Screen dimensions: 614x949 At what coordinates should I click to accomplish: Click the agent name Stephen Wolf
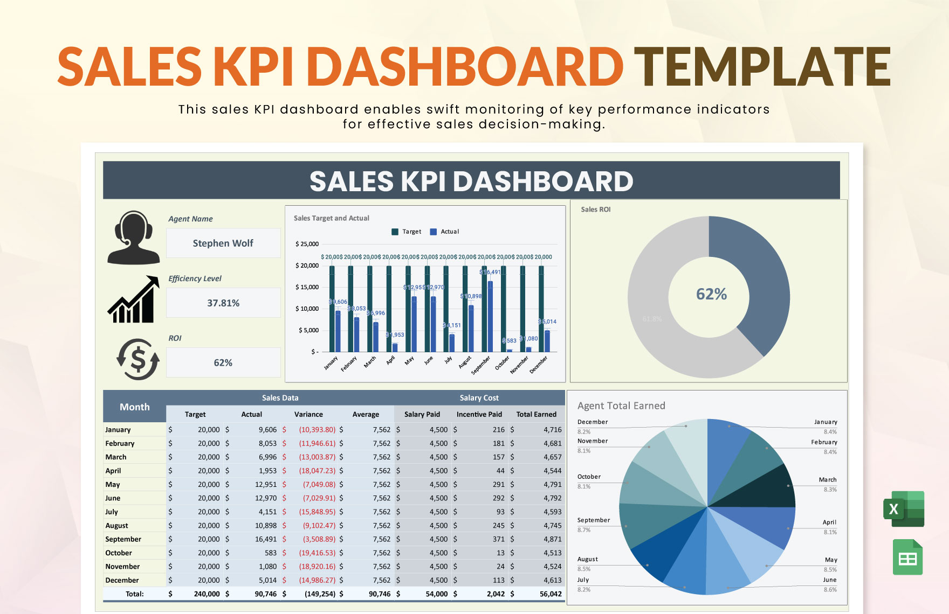point(223,243)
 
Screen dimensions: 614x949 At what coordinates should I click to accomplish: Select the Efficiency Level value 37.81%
point(223,303)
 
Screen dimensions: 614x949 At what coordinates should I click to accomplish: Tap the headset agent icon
point(133,238)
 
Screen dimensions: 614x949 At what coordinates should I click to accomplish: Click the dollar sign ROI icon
point(138,359)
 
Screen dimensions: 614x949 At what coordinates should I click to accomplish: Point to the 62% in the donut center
point(711,294)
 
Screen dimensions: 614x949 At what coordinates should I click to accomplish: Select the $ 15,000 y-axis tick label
point(307,287)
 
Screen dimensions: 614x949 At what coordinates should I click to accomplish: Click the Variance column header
point(308,414)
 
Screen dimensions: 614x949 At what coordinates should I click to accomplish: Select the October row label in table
point(119,553)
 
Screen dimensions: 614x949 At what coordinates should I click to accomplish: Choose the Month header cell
point(134,407)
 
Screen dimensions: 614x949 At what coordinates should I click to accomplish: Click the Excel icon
point(904,508)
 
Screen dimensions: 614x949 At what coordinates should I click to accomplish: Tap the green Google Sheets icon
point(907,557)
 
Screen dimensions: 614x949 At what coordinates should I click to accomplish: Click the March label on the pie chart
point(827,479)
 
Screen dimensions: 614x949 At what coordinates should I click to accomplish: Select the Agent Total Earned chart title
point(621,406)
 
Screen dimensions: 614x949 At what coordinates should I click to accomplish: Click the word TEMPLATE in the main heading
point(762,67)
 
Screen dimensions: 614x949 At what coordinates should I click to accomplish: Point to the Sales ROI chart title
point(595,210)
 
